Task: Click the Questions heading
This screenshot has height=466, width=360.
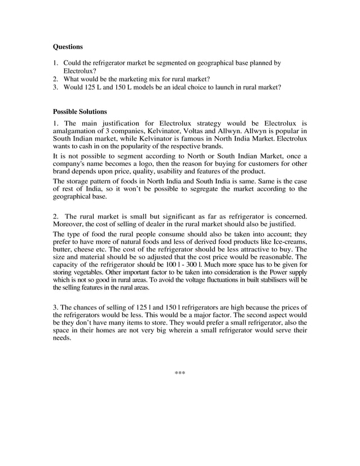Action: pyautogui.click(x=68, y=47)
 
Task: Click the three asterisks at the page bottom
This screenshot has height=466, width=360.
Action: pyautogui.click(x=180, y=373)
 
